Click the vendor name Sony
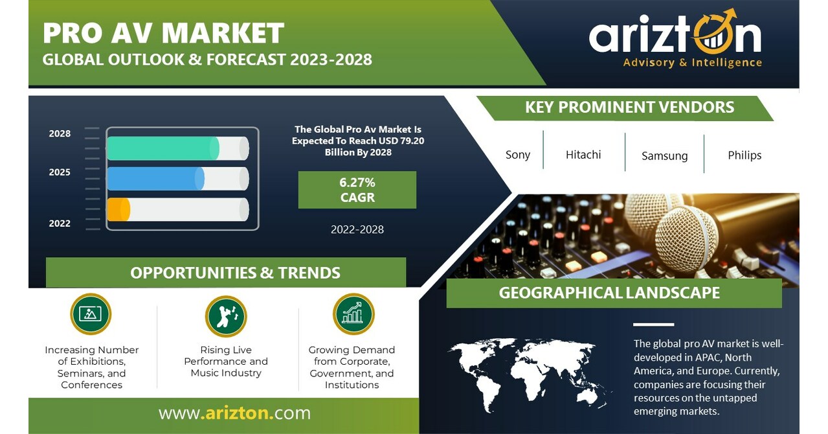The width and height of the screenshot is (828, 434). click(517, 155)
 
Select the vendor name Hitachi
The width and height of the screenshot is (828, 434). click(583, 154)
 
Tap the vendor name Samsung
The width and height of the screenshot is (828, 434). click(664, 155)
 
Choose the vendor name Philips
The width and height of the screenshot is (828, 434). click(744, 155)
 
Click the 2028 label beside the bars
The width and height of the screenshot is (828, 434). click(60, 133)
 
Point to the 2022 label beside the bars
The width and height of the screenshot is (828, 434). click(60, 223)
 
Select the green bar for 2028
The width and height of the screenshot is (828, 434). click(162, 148)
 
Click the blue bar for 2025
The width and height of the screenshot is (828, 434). click(155, 179)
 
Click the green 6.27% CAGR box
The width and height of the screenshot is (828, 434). click(357, 190)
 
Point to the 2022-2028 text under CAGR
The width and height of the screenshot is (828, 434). click(357, 229)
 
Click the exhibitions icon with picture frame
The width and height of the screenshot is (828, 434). click(91, 314)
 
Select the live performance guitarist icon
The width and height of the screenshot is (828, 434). click(226, 316)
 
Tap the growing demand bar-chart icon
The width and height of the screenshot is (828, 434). click(353, 314)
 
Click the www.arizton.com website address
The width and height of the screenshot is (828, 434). click(234, 413)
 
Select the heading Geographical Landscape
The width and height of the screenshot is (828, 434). click(609, 293)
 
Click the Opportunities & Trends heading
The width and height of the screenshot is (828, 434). click(235, 273)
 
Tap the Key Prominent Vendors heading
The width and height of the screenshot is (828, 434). click(629, 108)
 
